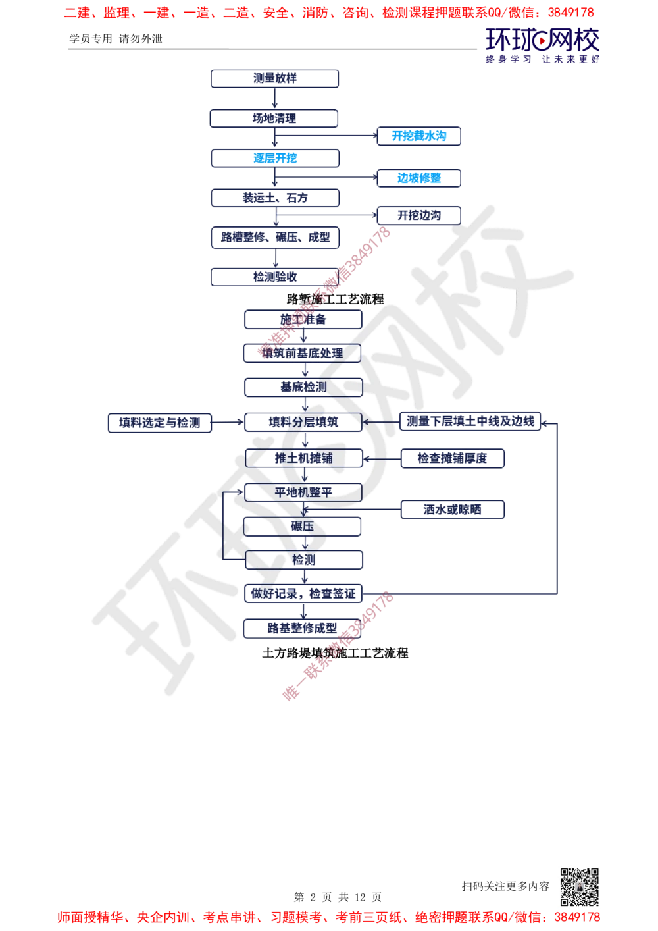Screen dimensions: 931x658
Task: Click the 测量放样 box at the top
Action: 276,78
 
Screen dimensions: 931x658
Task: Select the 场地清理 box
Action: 276,119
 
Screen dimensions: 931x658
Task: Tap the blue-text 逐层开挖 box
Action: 276,158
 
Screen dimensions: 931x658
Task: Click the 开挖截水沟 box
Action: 418,136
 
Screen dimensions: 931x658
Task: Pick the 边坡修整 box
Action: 418,178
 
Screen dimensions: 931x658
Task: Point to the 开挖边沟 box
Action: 418,215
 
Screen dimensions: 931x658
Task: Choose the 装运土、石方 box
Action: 276,198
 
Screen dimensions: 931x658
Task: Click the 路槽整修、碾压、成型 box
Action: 276,237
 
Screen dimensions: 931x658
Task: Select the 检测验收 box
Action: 276,277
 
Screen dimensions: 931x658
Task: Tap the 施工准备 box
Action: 303,319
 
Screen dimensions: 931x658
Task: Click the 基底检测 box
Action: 303,387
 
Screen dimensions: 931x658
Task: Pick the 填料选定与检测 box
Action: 160,422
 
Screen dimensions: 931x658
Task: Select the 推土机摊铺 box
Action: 303,458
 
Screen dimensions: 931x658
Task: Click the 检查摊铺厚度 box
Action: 453,458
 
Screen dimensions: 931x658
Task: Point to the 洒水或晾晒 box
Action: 453,509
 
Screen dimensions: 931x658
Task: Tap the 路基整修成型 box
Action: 303,627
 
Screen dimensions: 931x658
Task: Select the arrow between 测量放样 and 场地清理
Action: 276,99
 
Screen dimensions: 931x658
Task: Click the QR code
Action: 578,886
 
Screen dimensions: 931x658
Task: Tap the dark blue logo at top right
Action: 543,45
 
